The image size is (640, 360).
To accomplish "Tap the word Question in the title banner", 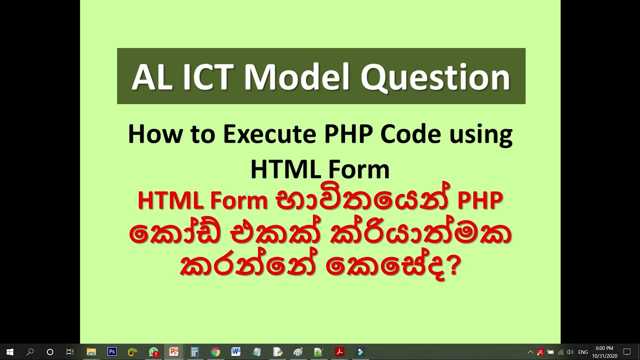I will (435, 78).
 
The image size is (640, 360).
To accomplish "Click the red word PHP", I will (480, 200).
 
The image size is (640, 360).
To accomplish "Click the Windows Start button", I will (9, 352).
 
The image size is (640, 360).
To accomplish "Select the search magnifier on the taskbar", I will (30, 352).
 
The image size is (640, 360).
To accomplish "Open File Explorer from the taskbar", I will (91, 352).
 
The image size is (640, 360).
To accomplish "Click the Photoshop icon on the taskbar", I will (112, 352).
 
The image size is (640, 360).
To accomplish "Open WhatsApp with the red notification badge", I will (153, 352).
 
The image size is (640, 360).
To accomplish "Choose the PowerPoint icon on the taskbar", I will (174, 352).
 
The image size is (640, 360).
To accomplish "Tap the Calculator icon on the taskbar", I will (194, 352).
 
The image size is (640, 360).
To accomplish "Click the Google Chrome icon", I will (215, 352).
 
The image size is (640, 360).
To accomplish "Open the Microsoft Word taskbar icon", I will (236, 352).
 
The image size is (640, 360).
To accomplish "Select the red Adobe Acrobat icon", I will (339, 352).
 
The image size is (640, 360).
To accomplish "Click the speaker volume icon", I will (570, 352).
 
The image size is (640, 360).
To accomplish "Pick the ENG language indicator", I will (583, 352).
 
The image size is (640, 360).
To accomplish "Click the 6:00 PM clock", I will (604, 348).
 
